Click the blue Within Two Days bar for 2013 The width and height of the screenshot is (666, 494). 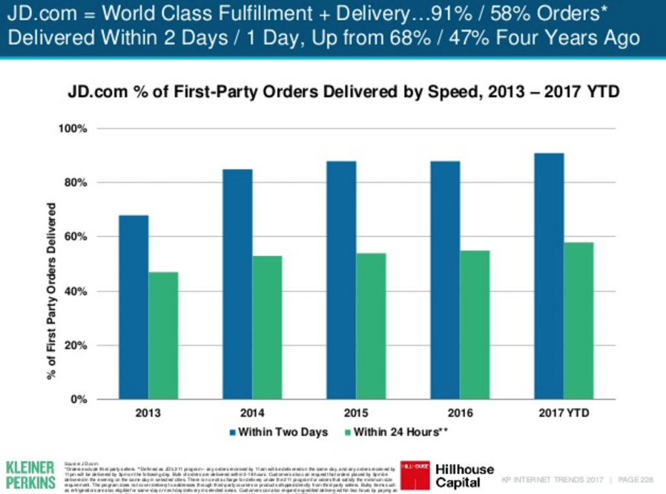pos(133,307)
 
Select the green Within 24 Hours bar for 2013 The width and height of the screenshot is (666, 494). pos(163,335)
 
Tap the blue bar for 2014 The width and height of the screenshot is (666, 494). pos(237,283)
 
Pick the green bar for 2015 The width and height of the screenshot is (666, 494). pos(371,326)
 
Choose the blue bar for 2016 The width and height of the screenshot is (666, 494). pos(446,279)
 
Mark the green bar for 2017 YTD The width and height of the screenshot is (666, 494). pos(579,320)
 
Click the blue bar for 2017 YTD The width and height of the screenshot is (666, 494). pos(549,276)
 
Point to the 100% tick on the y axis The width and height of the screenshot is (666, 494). pos(76,129)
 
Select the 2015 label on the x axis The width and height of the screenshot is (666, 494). pos(356,413)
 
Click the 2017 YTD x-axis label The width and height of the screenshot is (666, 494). pos(564,413)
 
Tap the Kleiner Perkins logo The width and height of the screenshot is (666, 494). pos(31,475)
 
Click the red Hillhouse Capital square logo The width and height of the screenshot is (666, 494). pos(414,475)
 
